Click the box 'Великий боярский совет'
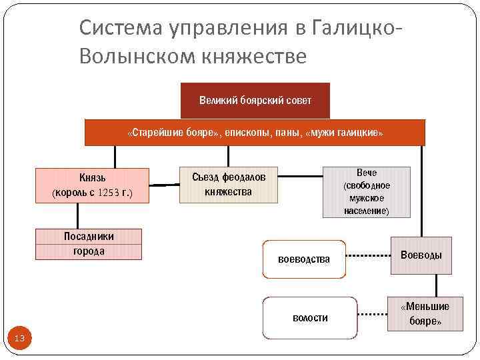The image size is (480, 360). point(255,101)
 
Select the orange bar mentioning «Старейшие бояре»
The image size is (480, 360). point(255,133)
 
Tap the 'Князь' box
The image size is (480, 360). point(92,185)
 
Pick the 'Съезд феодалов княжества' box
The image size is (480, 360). point(229,184)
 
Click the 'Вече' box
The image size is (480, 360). point(366,192)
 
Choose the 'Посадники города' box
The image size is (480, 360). point(89,244)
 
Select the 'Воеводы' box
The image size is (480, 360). point(421,255)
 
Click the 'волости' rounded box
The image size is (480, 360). point(310,317)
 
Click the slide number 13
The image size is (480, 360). point(19,339)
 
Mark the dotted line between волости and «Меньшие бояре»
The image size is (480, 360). point(372,312)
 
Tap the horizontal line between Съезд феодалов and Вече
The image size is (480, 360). point(300,177)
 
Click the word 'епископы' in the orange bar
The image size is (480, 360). point(248,133)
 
